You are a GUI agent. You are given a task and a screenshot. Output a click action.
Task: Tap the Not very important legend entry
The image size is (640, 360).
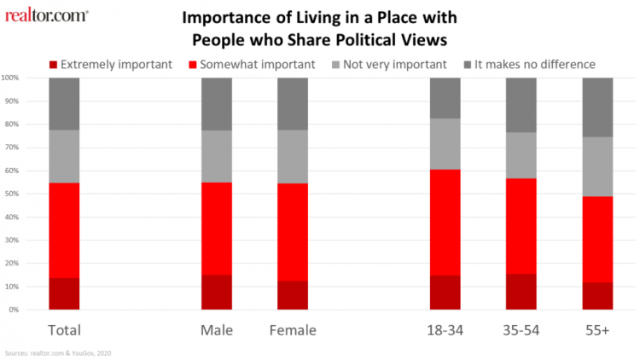coord(395,64)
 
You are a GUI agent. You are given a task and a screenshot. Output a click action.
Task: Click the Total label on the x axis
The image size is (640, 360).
coord(64,329)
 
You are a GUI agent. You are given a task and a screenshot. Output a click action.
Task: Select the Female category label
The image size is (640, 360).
coord(292,329)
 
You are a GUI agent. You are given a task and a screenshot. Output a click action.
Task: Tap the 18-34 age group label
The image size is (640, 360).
coord(445,329)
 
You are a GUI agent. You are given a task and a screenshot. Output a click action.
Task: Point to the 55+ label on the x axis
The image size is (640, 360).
coord(597,329)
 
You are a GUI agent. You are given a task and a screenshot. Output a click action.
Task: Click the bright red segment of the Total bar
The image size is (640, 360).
coord(64,230)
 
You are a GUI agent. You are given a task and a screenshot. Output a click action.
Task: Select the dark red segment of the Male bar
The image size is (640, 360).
coord(216,293)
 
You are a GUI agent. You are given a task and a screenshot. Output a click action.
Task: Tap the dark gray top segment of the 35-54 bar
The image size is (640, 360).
coord(521,105)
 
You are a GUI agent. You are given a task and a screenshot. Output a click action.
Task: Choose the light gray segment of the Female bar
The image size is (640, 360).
coord(292,157)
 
